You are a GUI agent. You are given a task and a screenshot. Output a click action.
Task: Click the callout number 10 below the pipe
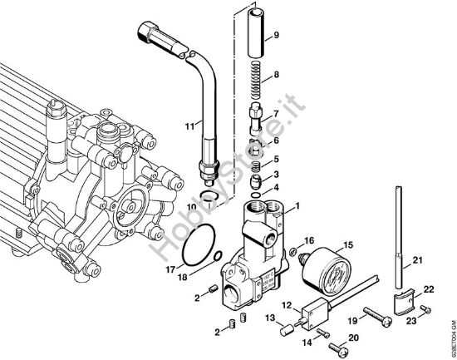pos(190,205)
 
